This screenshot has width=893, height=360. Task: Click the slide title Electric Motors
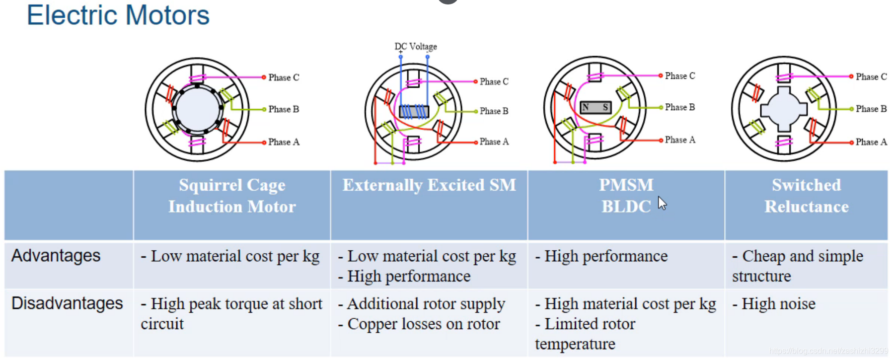coord(118,15)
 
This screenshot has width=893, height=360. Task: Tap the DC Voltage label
coord(416,47)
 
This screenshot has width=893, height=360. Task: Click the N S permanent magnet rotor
coord(595,107)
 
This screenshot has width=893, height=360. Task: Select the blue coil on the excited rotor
coord(414,111)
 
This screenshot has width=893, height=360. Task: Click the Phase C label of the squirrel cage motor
coord(284,77)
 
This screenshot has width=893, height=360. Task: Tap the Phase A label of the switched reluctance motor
coord(871,142)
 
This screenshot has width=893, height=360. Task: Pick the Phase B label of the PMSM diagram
coord(679,107)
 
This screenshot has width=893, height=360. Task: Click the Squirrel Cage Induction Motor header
coord(232,196)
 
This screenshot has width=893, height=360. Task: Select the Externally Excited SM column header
coord(429,185)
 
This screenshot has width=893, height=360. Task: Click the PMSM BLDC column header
coord(626,196)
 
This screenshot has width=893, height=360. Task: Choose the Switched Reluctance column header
coord(806,196)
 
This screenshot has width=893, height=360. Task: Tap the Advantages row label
coord(56,256)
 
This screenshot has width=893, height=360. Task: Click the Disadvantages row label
coord(67,303)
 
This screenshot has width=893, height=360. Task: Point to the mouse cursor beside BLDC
coord(662,203)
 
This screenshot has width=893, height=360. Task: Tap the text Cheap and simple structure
coord(797,266)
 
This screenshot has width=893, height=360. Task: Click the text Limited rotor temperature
coord(585,334)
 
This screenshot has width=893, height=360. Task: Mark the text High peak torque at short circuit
coord(231,313)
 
